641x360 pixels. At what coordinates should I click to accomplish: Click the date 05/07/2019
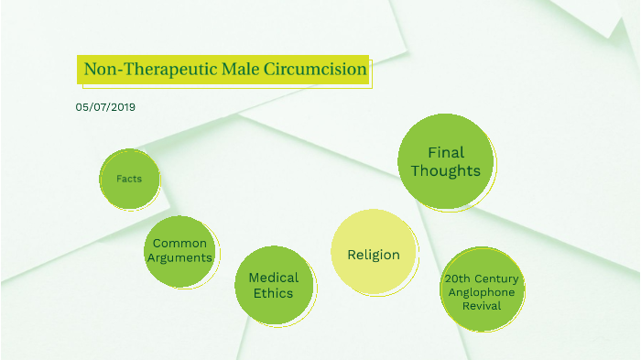[105, 107]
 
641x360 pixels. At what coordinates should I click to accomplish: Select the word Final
[446, 152]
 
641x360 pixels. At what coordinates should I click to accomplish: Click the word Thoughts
[445, 171]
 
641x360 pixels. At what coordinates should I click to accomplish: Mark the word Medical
[274, 277]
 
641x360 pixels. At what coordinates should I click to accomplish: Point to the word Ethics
[274, 293]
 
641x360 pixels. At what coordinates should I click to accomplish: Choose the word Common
[179, 243]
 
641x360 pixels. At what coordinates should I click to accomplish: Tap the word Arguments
[179, 257]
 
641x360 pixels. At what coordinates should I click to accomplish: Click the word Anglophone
[482, 291]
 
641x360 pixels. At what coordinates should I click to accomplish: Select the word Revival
[482, 305]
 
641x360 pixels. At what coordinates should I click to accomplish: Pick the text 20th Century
[482, 278]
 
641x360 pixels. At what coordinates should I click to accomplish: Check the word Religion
[373, 255]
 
